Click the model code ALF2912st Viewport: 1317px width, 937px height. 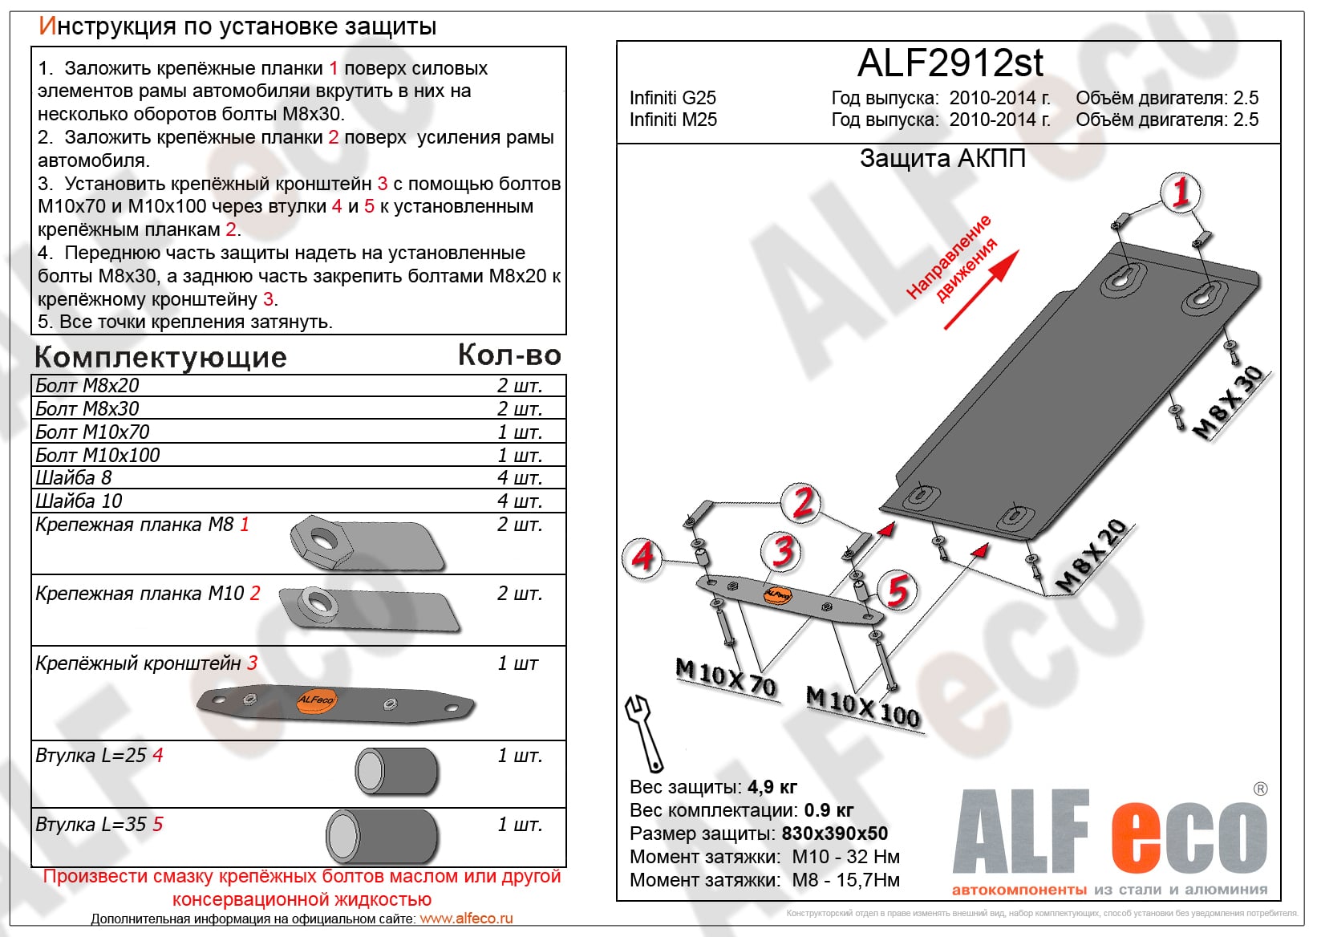[x=950, y=63]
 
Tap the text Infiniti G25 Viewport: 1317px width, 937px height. [x=672, y=98]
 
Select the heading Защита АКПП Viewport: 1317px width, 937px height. [x=942, y=159]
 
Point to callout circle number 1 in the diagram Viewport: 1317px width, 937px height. [x=1180, y=193]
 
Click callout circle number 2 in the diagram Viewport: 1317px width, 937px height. [x=802, y=502]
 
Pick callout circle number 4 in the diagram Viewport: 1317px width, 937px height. [x=642, y=555]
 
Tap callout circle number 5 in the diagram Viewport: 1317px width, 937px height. [x=897, y=590]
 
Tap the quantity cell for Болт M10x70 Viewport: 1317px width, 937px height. [x=520, y=432]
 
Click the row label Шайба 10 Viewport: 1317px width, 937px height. [x=79, y=501]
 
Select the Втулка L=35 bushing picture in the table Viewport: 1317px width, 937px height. [x=382, y=836]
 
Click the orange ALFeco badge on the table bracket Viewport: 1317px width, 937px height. [x=316, y=700]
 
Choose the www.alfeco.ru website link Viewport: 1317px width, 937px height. [x=466, y=919]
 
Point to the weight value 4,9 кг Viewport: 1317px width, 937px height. [x=772, y=787]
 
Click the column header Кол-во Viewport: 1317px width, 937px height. [x=509, y=355]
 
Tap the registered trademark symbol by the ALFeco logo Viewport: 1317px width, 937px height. [x=1260, y=789]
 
